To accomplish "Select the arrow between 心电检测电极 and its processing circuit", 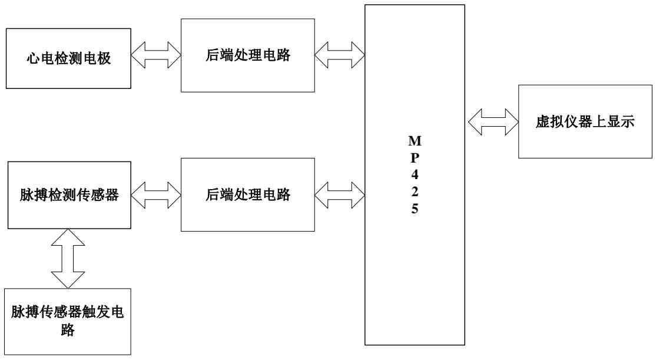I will [x=155, y=57].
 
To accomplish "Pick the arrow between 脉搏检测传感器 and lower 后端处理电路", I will [x=155, y=194].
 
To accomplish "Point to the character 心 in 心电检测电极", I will [x=34, y=58].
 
